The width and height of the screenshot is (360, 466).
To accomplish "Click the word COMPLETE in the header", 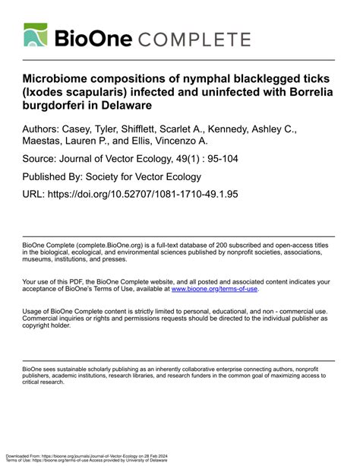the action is [197, 40].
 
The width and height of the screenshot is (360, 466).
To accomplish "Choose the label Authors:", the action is [46, 130].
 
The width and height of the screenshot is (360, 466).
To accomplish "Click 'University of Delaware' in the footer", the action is [149, 461].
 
